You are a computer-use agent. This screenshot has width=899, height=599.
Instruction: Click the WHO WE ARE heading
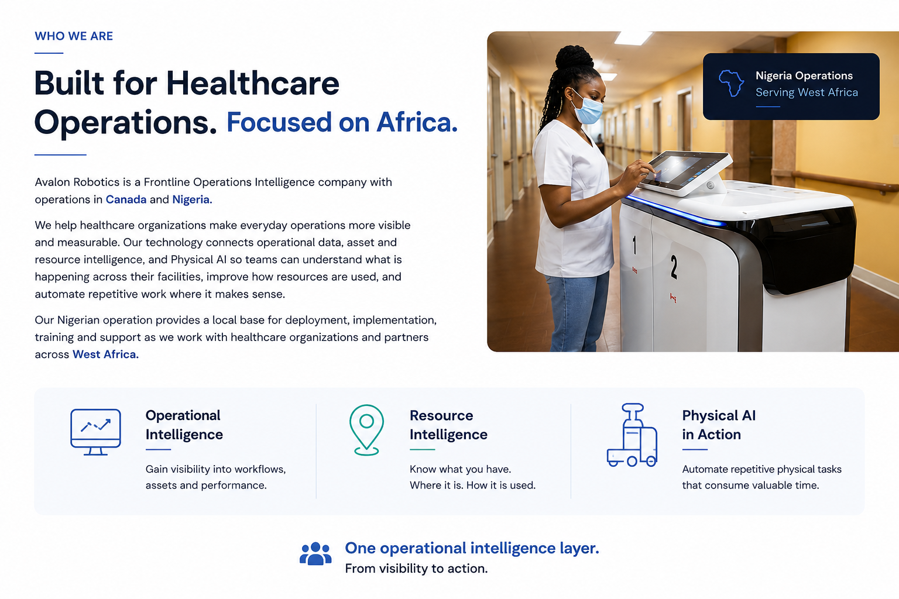point(74,36)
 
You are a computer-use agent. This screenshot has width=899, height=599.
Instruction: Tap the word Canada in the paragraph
point(126,199)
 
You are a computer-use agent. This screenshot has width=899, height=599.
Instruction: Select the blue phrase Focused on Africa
point(342,122)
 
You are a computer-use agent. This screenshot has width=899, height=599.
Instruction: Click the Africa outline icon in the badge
point(731,84)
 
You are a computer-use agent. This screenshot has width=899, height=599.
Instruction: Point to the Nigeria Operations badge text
point(804,75)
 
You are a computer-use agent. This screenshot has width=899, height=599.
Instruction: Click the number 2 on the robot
point(674,266)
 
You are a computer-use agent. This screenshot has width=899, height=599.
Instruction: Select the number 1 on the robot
point(634,245)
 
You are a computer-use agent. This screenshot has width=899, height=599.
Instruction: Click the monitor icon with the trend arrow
point(95,432)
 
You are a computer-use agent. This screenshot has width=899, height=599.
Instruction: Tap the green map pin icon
point(366,430)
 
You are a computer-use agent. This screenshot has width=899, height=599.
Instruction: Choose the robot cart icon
point(632,435)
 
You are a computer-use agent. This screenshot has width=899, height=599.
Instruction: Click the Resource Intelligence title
point(448,425)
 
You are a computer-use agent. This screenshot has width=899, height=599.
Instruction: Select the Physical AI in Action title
point(719,425)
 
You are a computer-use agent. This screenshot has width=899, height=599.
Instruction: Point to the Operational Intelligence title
point(184,425)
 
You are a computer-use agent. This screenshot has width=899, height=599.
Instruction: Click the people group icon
point(315,553)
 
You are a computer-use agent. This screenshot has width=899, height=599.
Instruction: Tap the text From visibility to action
point(416,569)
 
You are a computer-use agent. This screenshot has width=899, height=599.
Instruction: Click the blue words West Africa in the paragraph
point(105,354)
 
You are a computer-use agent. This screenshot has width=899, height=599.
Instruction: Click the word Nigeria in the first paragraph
point(192,199)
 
